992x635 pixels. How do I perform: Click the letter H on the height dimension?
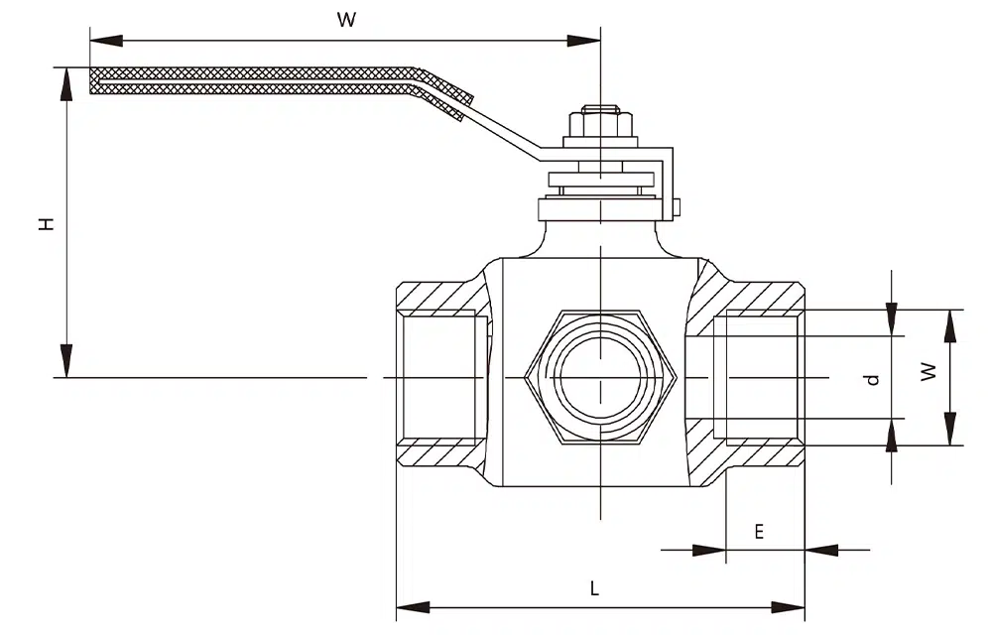click(x=46, y=224)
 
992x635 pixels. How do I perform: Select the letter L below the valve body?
click(x=595, y=588)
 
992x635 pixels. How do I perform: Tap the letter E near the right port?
click(x=759, y=531)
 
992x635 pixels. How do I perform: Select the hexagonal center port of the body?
click(x=601, y=378)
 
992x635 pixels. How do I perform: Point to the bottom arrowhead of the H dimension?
click(x=66, y=361)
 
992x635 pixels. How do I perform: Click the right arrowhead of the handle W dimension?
click(x=584, y=41)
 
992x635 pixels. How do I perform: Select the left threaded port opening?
click(x=441, y=378)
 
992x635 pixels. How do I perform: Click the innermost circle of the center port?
click(x=601, y=378)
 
